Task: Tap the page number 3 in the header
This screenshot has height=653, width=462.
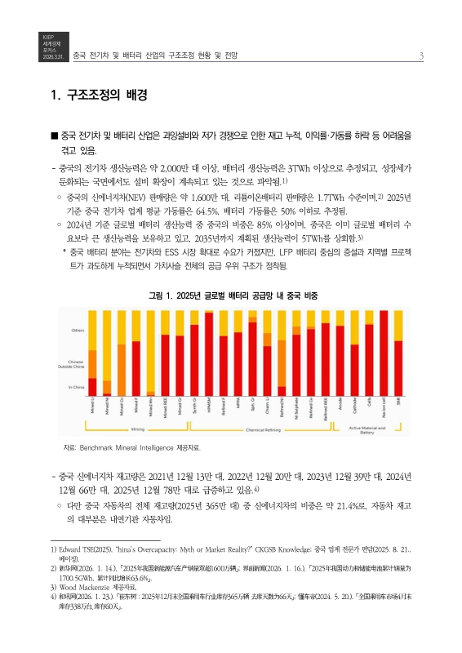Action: pos(420,56)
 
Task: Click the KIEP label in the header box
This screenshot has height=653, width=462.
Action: pos(47,37)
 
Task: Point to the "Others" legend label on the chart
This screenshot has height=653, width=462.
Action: pos(78,330)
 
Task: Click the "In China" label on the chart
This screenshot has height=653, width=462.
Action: pos(76,386)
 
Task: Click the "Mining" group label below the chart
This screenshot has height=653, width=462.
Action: pos(137,428)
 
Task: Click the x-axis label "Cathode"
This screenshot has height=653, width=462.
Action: pos(354,406)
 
